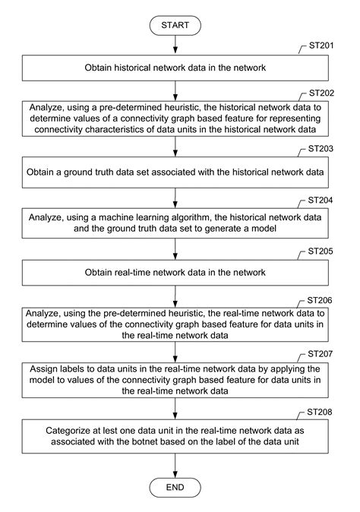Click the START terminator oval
[x=175, y=25]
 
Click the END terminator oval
[x=175, y=485]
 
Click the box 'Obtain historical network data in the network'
[x=175, y=68]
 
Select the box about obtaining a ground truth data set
[x=175, y=173]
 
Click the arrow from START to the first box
[x=175, y=45]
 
